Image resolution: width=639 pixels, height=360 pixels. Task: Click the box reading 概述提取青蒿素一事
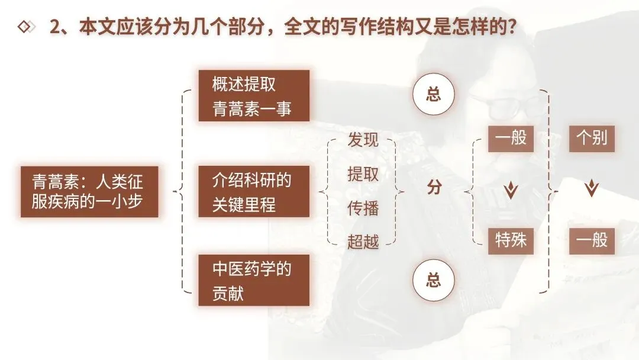(253, 95)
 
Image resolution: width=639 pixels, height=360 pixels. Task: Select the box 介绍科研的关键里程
(253, 192)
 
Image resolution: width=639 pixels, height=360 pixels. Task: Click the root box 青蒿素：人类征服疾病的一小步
(89, 192)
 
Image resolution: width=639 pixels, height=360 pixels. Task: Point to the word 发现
(363, 140)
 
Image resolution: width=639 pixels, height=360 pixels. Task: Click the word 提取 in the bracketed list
(363, 174)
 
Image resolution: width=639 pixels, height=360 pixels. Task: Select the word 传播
(363, 208)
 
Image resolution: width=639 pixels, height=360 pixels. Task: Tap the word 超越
(363, 241)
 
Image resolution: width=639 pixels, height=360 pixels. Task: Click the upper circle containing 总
(434, 95)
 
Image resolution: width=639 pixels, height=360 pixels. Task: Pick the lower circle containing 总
(434, 279)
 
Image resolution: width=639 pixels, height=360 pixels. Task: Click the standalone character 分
(434, 188)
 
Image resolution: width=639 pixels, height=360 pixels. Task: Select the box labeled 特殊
(511, 240)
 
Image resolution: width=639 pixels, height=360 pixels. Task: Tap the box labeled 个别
(592, 140)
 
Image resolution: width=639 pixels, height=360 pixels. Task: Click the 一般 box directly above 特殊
(511, 140)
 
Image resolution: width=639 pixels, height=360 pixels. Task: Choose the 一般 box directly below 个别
(592, 240)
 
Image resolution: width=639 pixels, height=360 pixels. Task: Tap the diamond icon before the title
(25, 27)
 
